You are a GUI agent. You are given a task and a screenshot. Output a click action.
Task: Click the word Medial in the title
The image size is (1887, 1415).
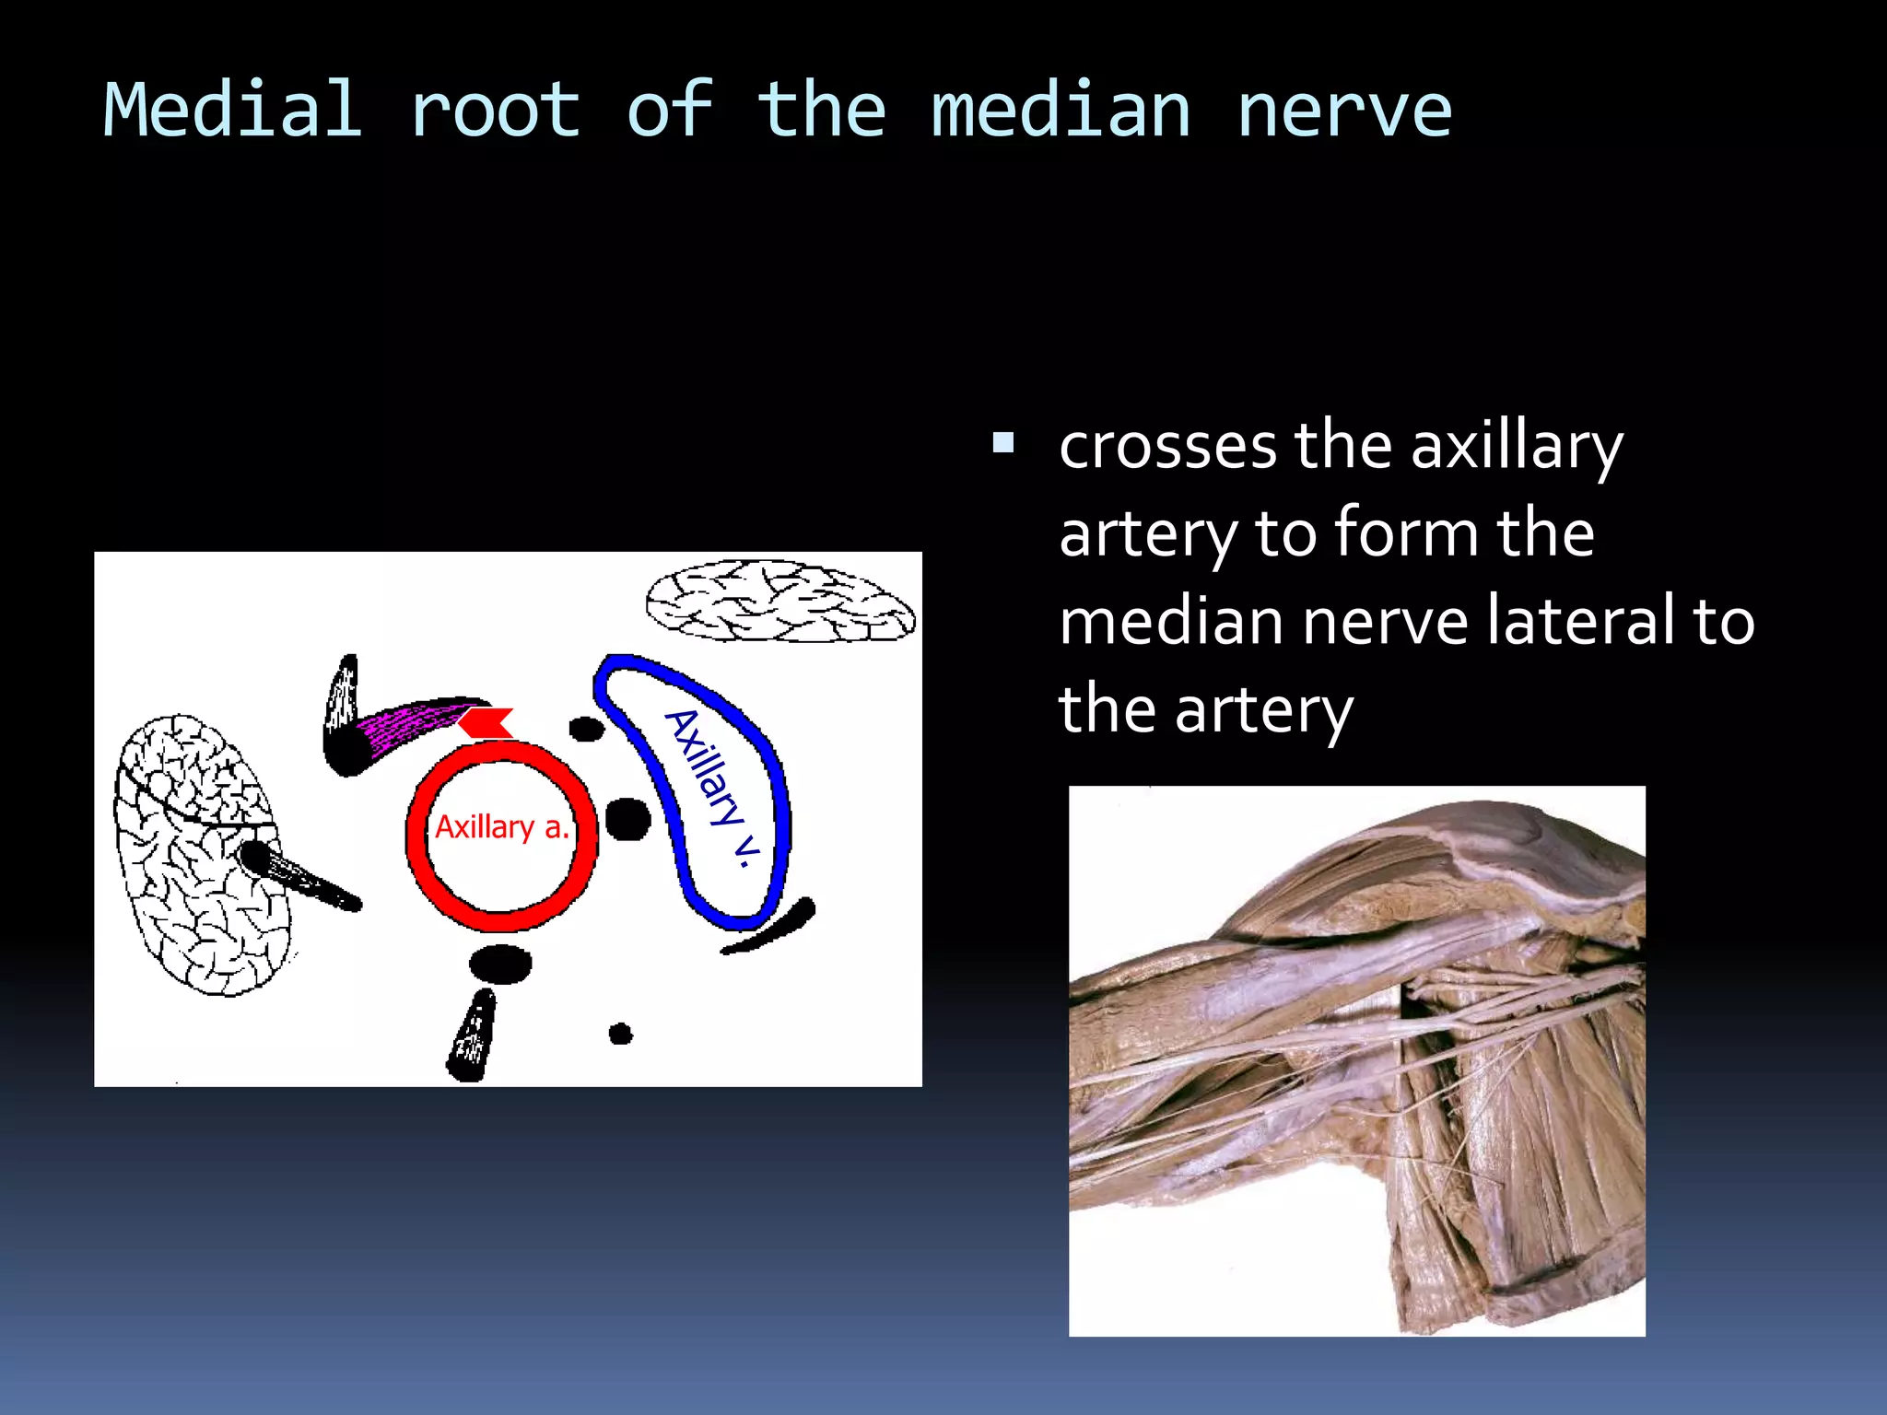[232, 111]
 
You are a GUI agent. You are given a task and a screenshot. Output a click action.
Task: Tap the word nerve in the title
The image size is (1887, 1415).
[1343, 111]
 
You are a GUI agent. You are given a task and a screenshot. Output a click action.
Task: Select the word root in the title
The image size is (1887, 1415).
[495, 111]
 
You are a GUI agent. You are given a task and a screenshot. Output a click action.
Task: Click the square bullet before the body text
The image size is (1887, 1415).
[1003, 445]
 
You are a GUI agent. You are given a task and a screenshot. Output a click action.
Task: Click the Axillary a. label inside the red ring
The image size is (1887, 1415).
[502, 827]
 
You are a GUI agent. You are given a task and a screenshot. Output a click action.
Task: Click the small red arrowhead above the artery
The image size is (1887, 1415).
[486, 722]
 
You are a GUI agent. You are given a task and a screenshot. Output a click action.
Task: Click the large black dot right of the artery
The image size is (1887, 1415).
[628, 818]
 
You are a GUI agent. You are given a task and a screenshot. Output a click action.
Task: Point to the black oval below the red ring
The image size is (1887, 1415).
[500, 964]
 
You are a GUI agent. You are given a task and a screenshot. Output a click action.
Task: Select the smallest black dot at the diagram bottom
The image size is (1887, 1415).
[621, 1034]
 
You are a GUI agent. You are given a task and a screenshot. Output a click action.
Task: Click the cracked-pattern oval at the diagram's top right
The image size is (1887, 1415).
[780, 602]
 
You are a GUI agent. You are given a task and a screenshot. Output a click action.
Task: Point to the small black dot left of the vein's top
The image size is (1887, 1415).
[586, 730]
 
